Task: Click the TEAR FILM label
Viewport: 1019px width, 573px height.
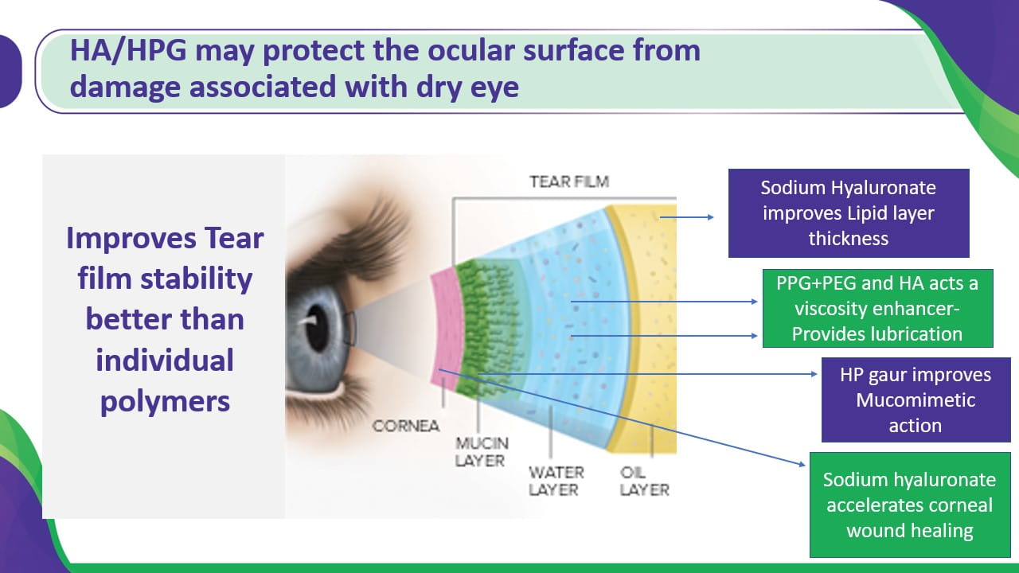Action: coord(569,181)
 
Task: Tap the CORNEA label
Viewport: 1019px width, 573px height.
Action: coord(406,426)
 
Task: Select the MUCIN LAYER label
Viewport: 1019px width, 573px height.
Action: coord(482,451)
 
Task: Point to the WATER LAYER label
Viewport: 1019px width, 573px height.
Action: coord(556,481)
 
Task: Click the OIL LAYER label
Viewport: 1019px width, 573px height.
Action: coord(644,481)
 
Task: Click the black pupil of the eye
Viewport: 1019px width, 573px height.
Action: coord(317,327)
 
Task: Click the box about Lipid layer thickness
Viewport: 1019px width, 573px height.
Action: coord(849,212)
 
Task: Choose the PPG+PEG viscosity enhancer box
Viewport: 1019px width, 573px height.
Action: coord(877,308)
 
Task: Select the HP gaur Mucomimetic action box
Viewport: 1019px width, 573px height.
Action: coord(916,400)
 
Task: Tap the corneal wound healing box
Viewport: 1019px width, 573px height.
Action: coord(910,505)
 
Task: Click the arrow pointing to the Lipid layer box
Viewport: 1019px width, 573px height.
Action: coord(686,217)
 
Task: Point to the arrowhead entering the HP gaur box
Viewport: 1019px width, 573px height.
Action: coord(814,374)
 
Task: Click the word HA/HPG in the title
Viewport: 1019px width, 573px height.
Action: coord(128,50)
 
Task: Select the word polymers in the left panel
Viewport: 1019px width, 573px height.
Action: coord(165,402)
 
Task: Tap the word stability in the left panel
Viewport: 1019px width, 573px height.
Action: coord(196,279)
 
